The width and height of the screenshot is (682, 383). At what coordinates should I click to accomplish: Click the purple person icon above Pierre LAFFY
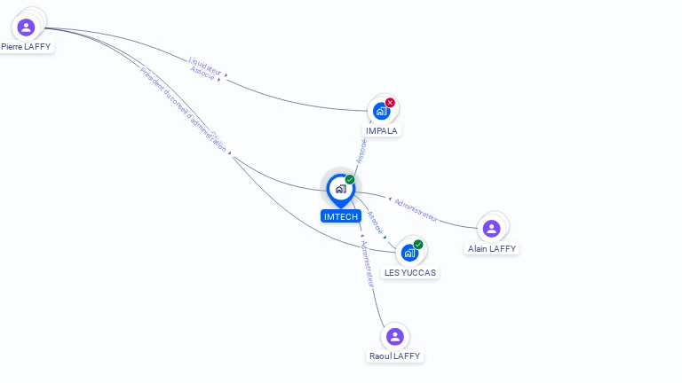(26, 27)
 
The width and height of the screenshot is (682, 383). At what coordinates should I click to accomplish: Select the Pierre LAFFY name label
(26, 46)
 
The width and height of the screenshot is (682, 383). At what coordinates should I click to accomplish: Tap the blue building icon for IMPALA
(381, 111)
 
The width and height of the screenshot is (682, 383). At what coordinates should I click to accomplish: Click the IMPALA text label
(382, 130)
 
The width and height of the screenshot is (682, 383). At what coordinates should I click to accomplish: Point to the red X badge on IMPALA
(390, 103)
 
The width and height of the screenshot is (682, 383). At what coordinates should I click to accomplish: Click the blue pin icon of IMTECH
(340, 189)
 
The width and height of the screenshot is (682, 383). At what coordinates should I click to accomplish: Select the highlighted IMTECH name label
(341, 216)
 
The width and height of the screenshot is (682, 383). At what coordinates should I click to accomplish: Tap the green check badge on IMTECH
(350, 180)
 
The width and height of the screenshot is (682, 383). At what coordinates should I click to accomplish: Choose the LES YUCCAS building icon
(409, 253)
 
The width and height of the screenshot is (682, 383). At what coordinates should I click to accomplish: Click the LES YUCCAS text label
(410, 272)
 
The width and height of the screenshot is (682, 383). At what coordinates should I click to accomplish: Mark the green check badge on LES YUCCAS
(418, 245)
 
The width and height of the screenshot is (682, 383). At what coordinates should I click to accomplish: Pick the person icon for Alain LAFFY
(491, 229)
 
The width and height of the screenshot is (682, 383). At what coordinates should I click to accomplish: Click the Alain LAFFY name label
(492, 249)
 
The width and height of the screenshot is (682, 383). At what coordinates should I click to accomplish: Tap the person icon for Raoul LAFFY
(395, 337)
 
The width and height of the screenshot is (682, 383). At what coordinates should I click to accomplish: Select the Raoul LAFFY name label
(395, 356)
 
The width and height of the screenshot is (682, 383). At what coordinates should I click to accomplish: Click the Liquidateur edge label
(207, 65)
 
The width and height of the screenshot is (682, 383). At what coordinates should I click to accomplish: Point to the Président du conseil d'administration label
(183, 109)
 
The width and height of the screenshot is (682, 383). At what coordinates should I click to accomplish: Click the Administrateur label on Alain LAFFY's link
(416, 208)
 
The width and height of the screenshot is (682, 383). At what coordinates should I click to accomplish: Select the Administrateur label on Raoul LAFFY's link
(367, 262)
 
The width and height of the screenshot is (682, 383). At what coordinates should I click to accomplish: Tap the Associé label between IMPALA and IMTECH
(361, 150)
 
